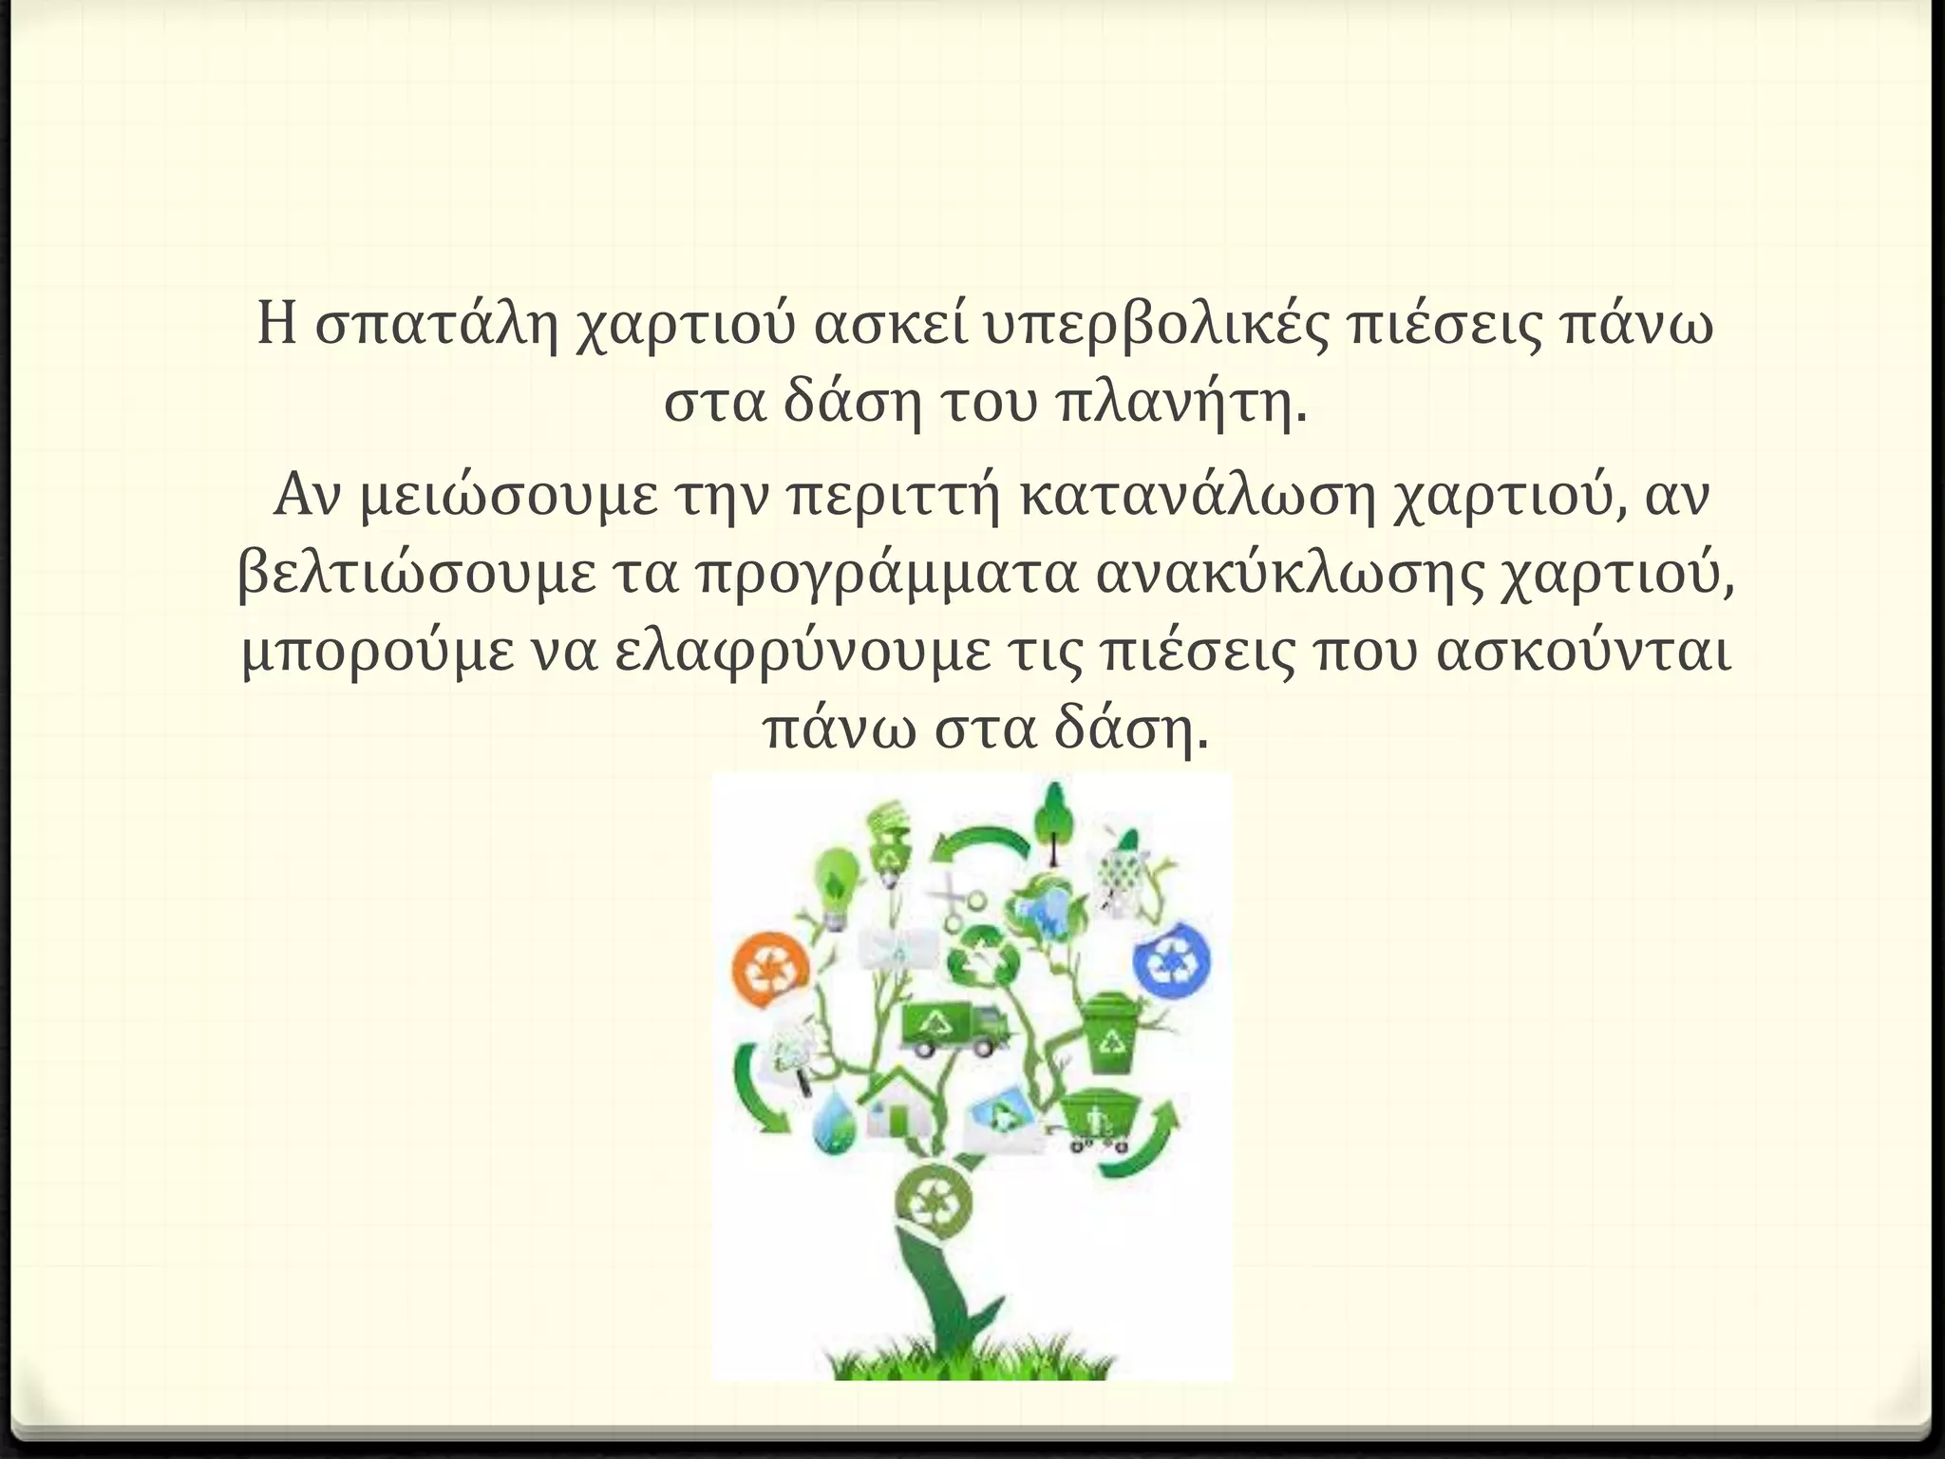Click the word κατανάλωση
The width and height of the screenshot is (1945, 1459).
pos(1199,495)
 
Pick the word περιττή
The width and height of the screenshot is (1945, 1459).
pos(895,495)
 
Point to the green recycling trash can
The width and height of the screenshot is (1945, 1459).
pos(1111,1034)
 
